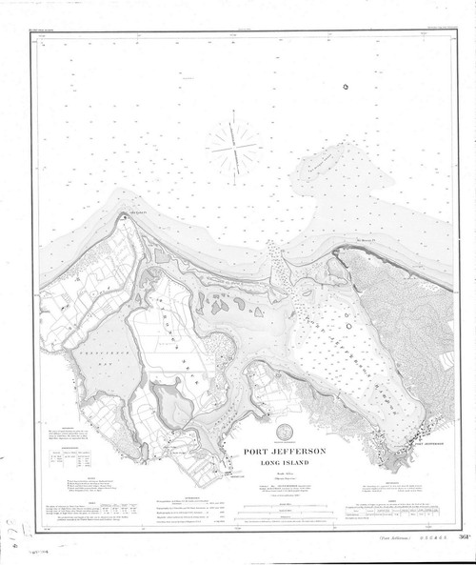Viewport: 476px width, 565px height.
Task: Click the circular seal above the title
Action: click(285, 431)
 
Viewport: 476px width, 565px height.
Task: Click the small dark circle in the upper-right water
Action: click(346, 89)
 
